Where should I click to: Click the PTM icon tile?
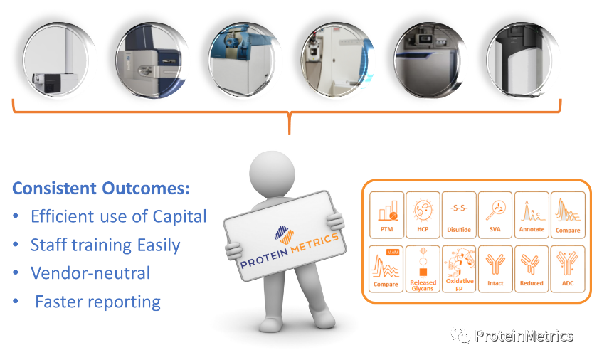(386, 214)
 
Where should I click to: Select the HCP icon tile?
(423, 214)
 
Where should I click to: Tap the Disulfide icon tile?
(459, 214)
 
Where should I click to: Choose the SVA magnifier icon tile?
(495, 214)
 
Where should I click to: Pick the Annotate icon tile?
(532, 214)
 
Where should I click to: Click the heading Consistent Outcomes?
(100, 189)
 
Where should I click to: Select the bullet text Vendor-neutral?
(90, 273)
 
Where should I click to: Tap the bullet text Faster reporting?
(97, 302)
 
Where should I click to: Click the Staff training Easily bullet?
(105, 245)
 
